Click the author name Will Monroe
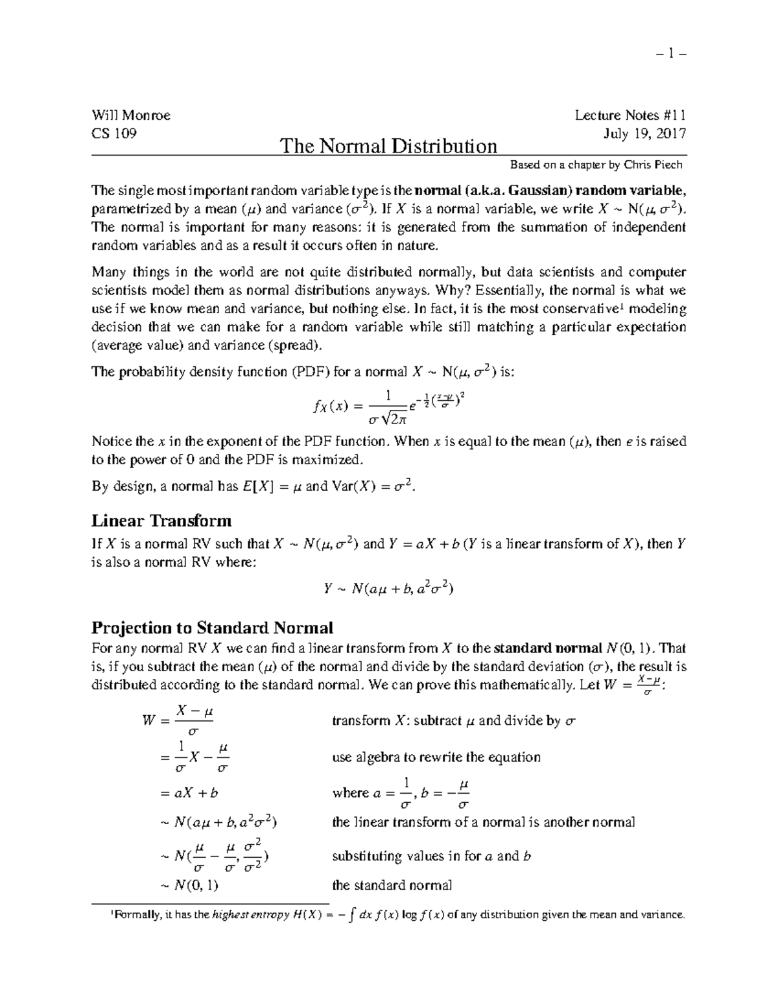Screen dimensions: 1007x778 coord(131,115)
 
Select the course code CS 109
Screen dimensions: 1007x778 coord(114,134)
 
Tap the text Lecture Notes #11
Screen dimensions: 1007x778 coord(630,115)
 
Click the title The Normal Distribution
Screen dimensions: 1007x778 coord(388,146)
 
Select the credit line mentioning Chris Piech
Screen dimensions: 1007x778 coord(596,165)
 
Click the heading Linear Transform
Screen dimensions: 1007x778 coord(161,521)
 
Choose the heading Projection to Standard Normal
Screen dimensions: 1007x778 coord(212,628)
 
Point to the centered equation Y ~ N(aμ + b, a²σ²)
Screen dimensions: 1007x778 coord(388,589)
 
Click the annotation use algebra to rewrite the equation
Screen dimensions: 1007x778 coord(436,757)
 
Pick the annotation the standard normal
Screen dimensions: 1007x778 coord(392,885)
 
